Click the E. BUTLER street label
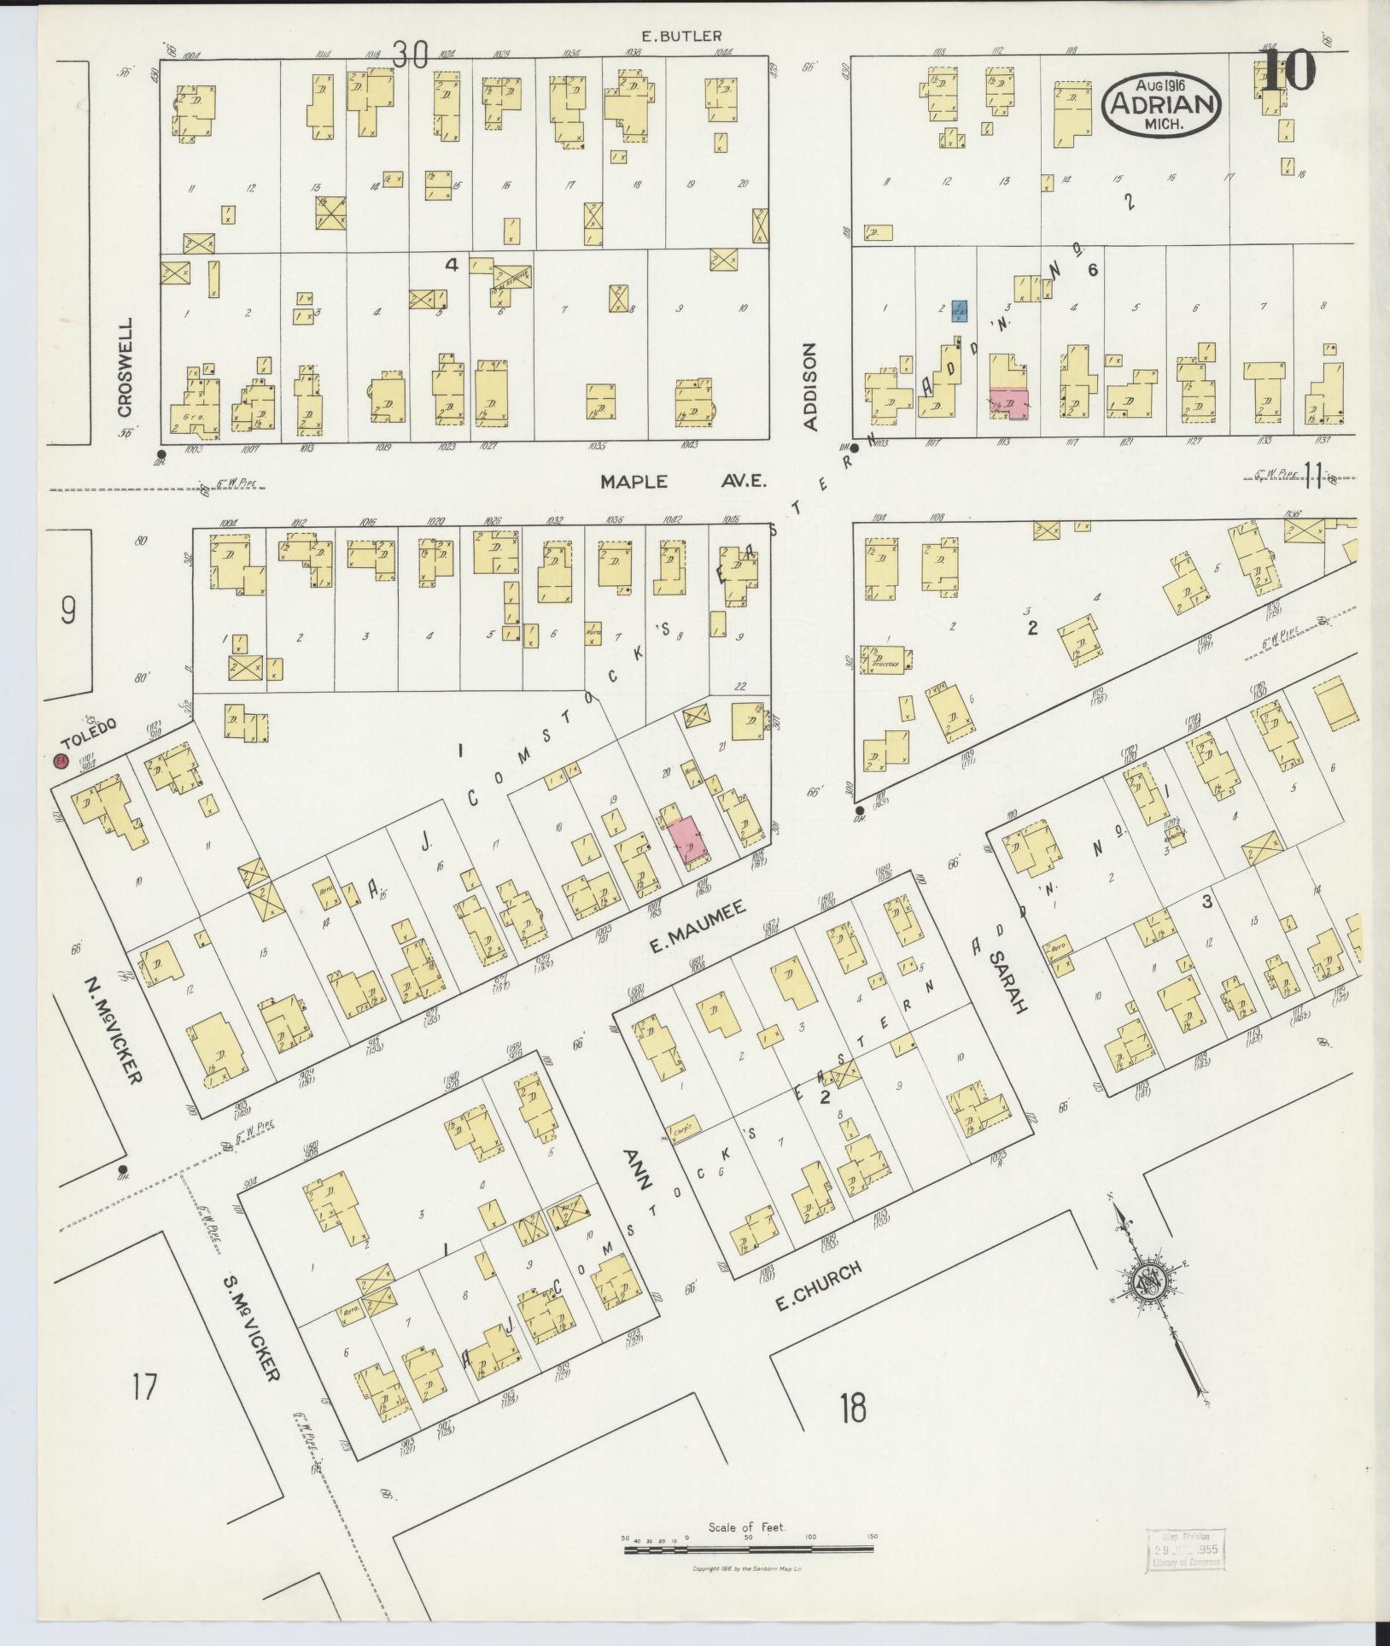click(681, 36)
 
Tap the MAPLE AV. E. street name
click(683, 482)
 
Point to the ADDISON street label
click(811, 386)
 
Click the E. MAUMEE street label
click(698, 933)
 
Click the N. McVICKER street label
click(113, 1028)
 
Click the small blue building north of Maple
click(960, 311)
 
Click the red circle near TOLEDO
click(61, 761)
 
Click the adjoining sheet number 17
click(145, 1385)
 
